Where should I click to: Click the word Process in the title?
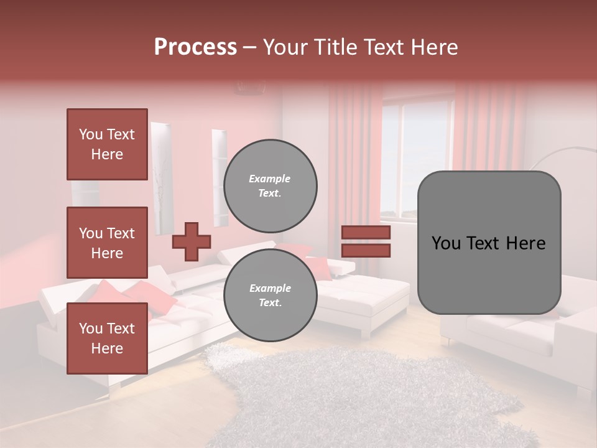point(195,47)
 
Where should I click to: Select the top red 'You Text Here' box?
point(107,144)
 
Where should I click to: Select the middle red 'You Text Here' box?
point(107,243)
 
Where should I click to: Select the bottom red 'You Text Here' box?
point(107,338)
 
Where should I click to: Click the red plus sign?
point(191,241)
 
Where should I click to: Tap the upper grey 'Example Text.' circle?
point(270,185)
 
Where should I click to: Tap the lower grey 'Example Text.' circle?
point(270,295)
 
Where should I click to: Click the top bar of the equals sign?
point(366,233)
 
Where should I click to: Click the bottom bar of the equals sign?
point(366,250)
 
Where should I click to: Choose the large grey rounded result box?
point(489,243)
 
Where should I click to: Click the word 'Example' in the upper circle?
point(270,179)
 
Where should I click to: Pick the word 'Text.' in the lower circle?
point(270,302)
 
